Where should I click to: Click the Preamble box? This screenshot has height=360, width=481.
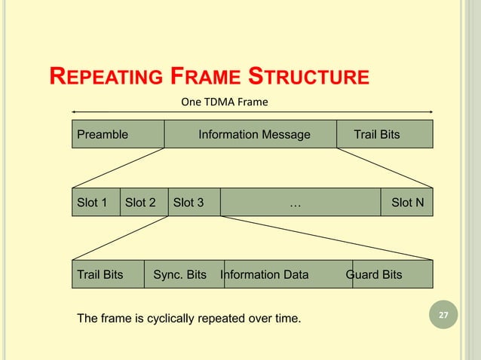point(118,135)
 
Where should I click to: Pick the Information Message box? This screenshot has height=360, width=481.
point(253,135)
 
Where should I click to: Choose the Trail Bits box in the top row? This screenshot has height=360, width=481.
point(384,135)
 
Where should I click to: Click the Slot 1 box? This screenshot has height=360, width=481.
point(96,202)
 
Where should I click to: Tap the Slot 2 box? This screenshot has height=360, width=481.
point(142,202)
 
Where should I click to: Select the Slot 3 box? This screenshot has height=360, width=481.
point(193,202)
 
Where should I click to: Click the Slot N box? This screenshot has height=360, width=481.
point(407,202)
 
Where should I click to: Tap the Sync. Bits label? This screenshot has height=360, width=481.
point(179,275)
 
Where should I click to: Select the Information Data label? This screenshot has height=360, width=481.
point(265,275)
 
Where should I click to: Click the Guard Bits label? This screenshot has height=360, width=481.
point(374,275)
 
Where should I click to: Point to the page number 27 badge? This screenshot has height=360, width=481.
point(443,314)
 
